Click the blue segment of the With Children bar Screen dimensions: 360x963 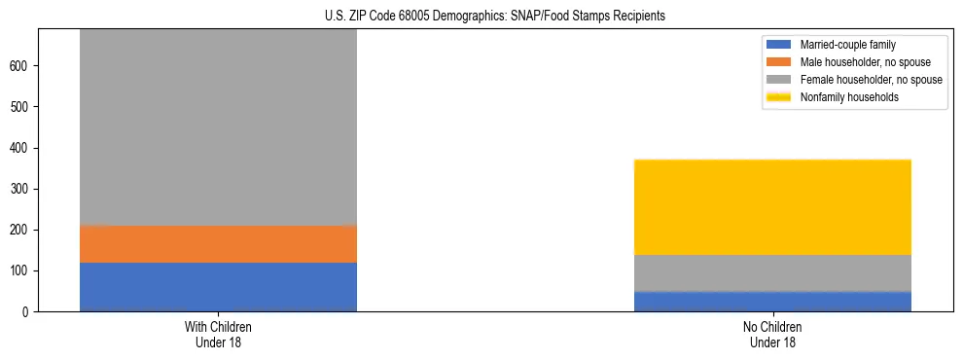(x=218, y=286)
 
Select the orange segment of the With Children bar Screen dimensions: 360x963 (x=218, y=244)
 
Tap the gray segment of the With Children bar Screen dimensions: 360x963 (x=218, y=126)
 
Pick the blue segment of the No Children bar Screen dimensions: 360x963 (x=772, y=301)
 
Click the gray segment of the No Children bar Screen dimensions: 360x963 (x=772, y=272)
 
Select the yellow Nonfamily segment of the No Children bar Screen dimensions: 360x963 (x=772, y=207)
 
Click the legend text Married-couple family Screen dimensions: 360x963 (x=847, y=45)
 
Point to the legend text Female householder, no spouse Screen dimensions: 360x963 (x=871, y=80)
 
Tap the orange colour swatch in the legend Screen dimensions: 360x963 (x=779, y=62)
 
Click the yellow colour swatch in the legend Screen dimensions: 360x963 (x=779, y=97)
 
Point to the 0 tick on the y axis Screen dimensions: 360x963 (x=27, y=311)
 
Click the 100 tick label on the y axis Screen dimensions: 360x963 (x=21, y=270)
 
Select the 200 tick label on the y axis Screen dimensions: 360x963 (x=21, y=230)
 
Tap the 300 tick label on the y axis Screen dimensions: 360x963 (x=21, y=189)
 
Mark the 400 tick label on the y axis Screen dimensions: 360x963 (x=21, y=148)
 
